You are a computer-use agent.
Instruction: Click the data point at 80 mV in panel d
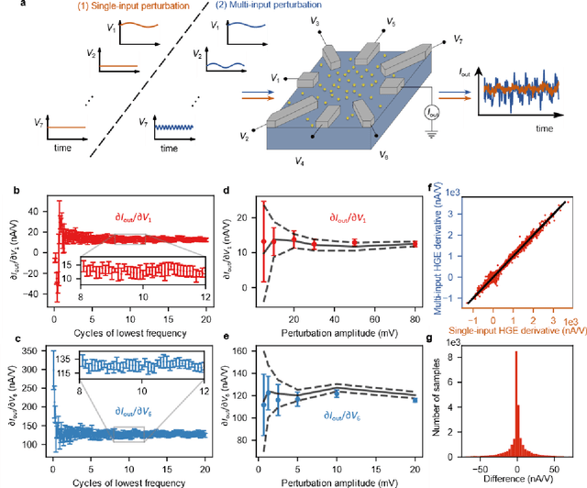[x=415, y=244]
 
